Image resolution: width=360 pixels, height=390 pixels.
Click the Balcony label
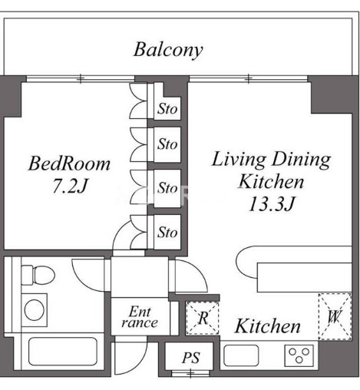pos(168,50)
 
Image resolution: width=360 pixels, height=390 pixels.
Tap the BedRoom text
pos(69,164)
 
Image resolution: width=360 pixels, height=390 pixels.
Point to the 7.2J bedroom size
pos(70,186)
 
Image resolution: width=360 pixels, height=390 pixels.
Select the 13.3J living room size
pos(272,204)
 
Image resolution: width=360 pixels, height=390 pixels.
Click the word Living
pos(239,160)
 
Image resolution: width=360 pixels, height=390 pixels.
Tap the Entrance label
pos(140,317)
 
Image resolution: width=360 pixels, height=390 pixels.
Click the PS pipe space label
pos(191,358)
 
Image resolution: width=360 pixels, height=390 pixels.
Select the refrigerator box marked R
pos(203,318)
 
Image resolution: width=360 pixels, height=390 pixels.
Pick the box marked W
pos(335,316)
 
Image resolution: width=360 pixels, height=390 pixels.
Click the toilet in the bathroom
pos(38,276)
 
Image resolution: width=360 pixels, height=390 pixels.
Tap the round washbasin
pos(34,310)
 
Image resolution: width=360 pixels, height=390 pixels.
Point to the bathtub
pos(63,352)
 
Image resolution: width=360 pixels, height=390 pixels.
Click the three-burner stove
pos(299,355)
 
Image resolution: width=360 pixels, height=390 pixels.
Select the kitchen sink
pos(241,355)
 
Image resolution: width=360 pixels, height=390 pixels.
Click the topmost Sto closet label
pos(167,109)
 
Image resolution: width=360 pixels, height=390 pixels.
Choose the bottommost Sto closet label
pos(167,233)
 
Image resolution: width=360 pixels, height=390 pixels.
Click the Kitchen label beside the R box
pos(268,326)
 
